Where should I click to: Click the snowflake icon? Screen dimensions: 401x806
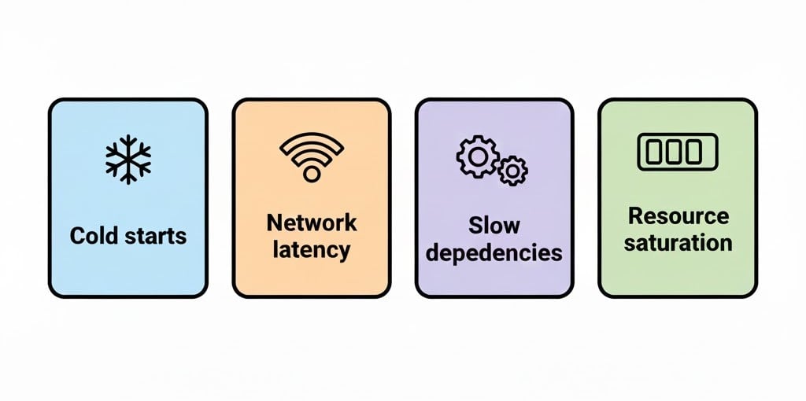pyautogui.click(x=128, y=159)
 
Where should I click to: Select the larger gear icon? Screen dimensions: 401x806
pyautogui.click(x=477, y=156)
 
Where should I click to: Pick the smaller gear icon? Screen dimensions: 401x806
pyautogui.click(x=513, y=169)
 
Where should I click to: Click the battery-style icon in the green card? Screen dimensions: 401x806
pyautogui.click(x=677, y=151)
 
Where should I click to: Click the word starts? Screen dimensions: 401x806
pyautogui.click(x=157, y=236)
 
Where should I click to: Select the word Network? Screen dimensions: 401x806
pyautogui.click(x=312, y=223)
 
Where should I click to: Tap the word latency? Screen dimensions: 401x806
pyautogui.click(x=312, y=250)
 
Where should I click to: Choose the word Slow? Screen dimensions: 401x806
pyautogui.click(x=494, y=226)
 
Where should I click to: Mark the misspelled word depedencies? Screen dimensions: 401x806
pyautogui.click(x=494, y=253)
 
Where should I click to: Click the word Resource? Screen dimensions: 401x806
pyautogui.click(x=678, y=215)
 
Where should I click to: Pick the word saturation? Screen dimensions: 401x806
pyautogui.click(x=678, y=242)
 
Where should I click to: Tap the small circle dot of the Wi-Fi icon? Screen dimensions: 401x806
pyautogui.click(x=312, y=174)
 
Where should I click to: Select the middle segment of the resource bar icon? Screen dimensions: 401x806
pyautogui.click(x=677, y=151)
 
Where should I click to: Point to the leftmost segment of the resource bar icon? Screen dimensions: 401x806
pyautogui.click(x=656, y=151)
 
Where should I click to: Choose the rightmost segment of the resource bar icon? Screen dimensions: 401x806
pyautogui.click(x=698, y=151)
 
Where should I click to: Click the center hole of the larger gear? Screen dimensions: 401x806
pyautogui.click(x=477, y=156)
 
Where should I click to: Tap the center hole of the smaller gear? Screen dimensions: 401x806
pyautogui.click(x=513, y=169)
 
